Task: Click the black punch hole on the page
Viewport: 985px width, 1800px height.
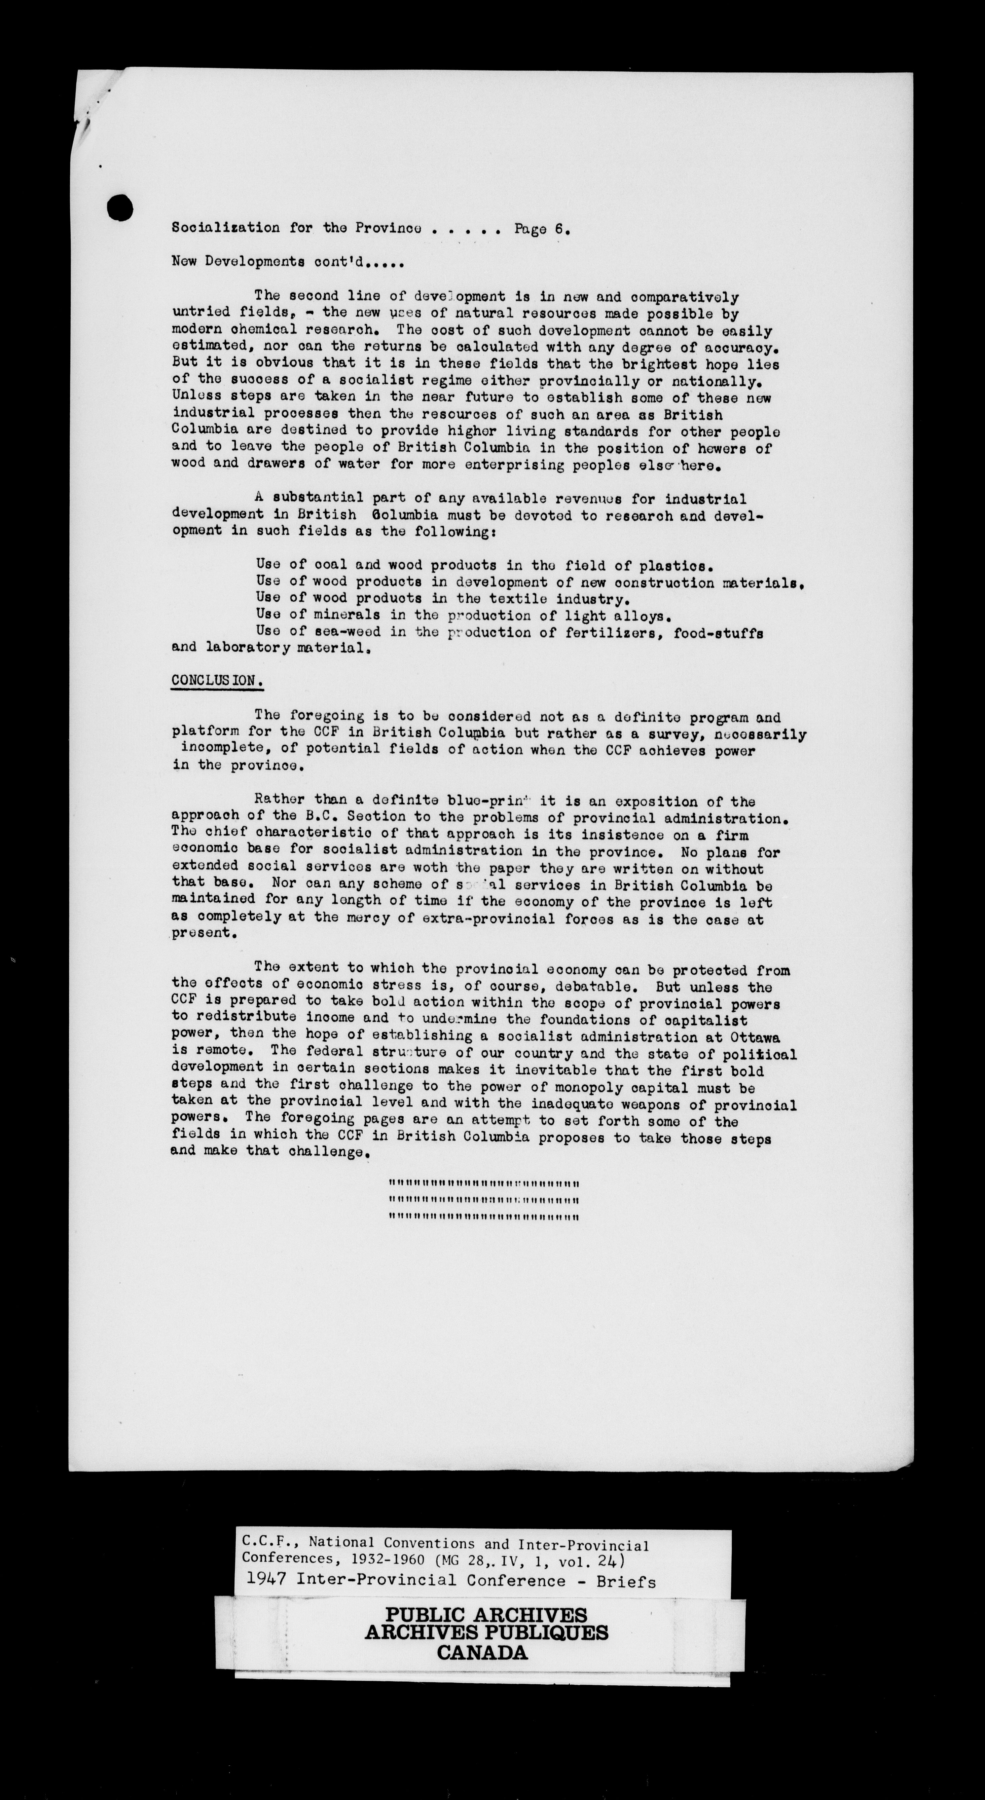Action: click(x=120, y=206)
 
